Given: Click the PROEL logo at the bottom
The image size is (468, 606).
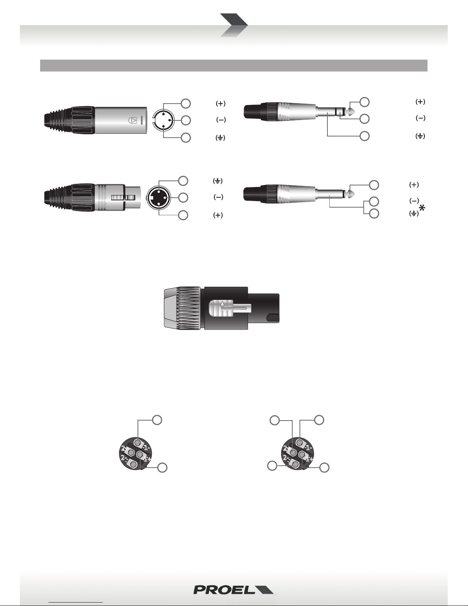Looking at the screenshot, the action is pos(233,590).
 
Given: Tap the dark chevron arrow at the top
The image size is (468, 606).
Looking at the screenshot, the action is pos(234,25).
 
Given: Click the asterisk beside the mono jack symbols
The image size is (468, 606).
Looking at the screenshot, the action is pos(422,208).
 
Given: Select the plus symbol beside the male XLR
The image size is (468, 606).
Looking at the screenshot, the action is pos(221,104).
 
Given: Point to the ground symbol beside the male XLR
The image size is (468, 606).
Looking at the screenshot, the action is pos(220,138).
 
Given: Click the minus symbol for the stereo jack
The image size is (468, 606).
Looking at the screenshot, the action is pos(420,118).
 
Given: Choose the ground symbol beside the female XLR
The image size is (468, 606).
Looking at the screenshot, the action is pos(217,181).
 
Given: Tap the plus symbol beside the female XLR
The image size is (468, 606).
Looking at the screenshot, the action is pos(218,215).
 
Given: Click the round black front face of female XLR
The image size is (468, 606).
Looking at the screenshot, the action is pos(159,197).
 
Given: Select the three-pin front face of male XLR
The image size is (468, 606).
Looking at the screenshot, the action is pos(164,120).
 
